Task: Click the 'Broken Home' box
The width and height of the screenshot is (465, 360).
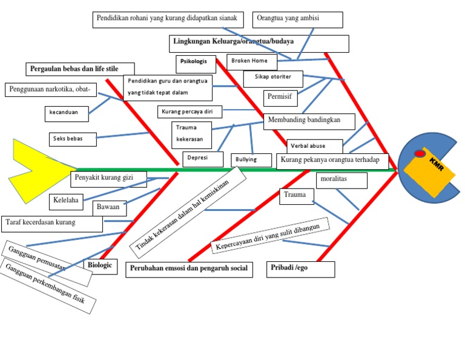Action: coord(252,61)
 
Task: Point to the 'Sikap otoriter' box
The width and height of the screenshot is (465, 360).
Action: coord(273,78)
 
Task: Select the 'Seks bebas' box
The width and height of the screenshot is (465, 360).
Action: coord(73,139)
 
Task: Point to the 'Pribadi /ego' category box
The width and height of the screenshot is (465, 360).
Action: coord(300,269)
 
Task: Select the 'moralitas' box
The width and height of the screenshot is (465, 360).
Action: coord(341,181)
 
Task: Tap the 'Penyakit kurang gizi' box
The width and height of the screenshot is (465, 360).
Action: coord(108,179)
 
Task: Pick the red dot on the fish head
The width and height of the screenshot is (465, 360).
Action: coord(420,154)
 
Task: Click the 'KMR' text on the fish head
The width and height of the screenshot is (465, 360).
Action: coord(437,164)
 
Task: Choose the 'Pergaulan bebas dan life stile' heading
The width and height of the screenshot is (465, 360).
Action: coord(79,69)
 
